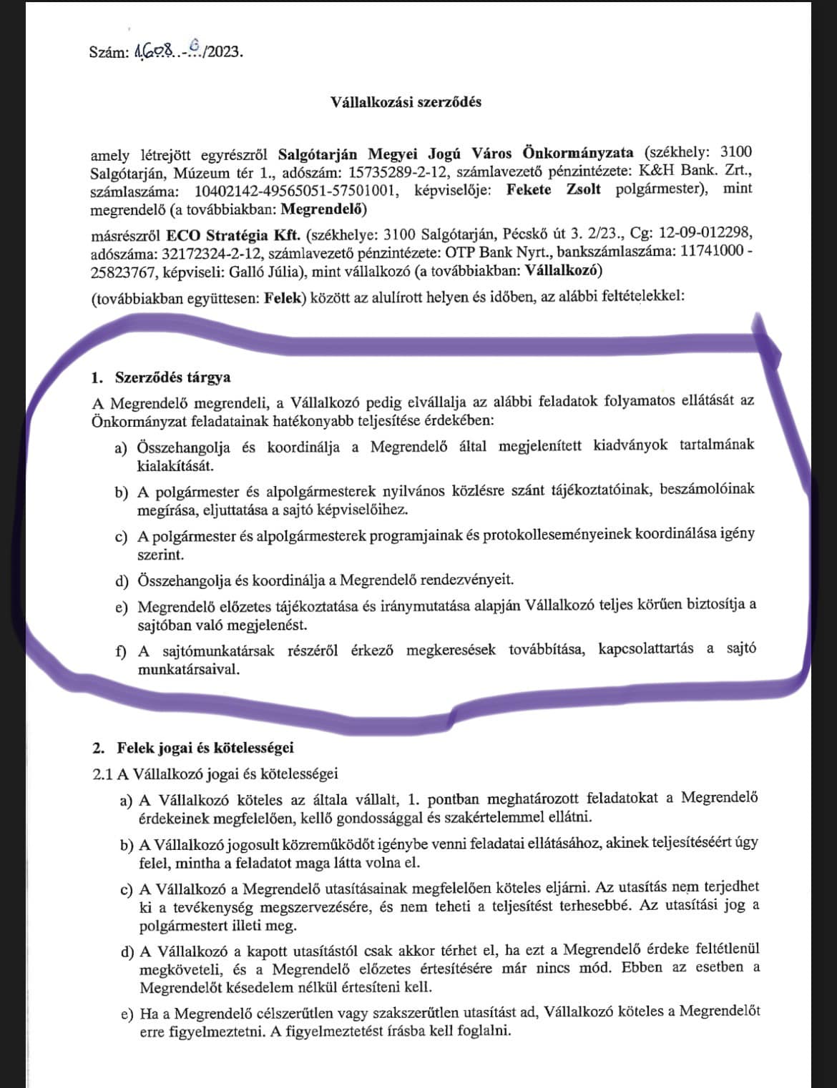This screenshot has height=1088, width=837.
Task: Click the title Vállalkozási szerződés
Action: pos(406,102)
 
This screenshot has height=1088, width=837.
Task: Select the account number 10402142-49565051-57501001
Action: pos(294,191)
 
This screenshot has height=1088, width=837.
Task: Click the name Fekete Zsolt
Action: pos(553,190)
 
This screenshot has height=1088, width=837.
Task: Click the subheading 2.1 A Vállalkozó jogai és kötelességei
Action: pos(215,774)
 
